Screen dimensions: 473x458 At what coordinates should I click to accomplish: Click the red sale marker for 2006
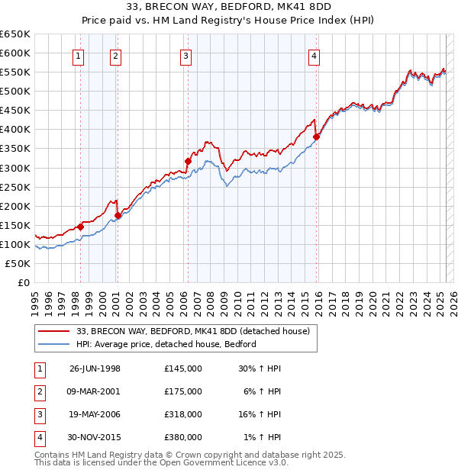[x=188, y=161]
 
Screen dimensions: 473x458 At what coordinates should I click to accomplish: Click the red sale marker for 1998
[x=81, y=227]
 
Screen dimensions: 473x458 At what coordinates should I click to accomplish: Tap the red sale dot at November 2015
[x=317, y=137]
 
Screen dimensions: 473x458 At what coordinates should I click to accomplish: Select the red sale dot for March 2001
[x=118, y=215]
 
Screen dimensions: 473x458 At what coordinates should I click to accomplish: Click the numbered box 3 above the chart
[x=186, y=54]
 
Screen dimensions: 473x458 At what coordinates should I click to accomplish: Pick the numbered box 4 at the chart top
[x=314, y=54]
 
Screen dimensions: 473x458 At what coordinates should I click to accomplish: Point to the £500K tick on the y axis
[x=15, y=91]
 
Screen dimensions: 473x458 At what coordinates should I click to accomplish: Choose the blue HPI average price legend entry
[x=166, y=344]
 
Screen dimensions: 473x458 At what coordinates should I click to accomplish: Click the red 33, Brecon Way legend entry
[x=192, y=331]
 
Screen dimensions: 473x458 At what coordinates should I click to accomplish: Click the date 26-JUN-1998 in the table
[x=95, y=368]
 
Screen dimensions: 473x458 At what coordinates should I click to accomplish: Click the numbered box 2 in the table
[x=39, y=391]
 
